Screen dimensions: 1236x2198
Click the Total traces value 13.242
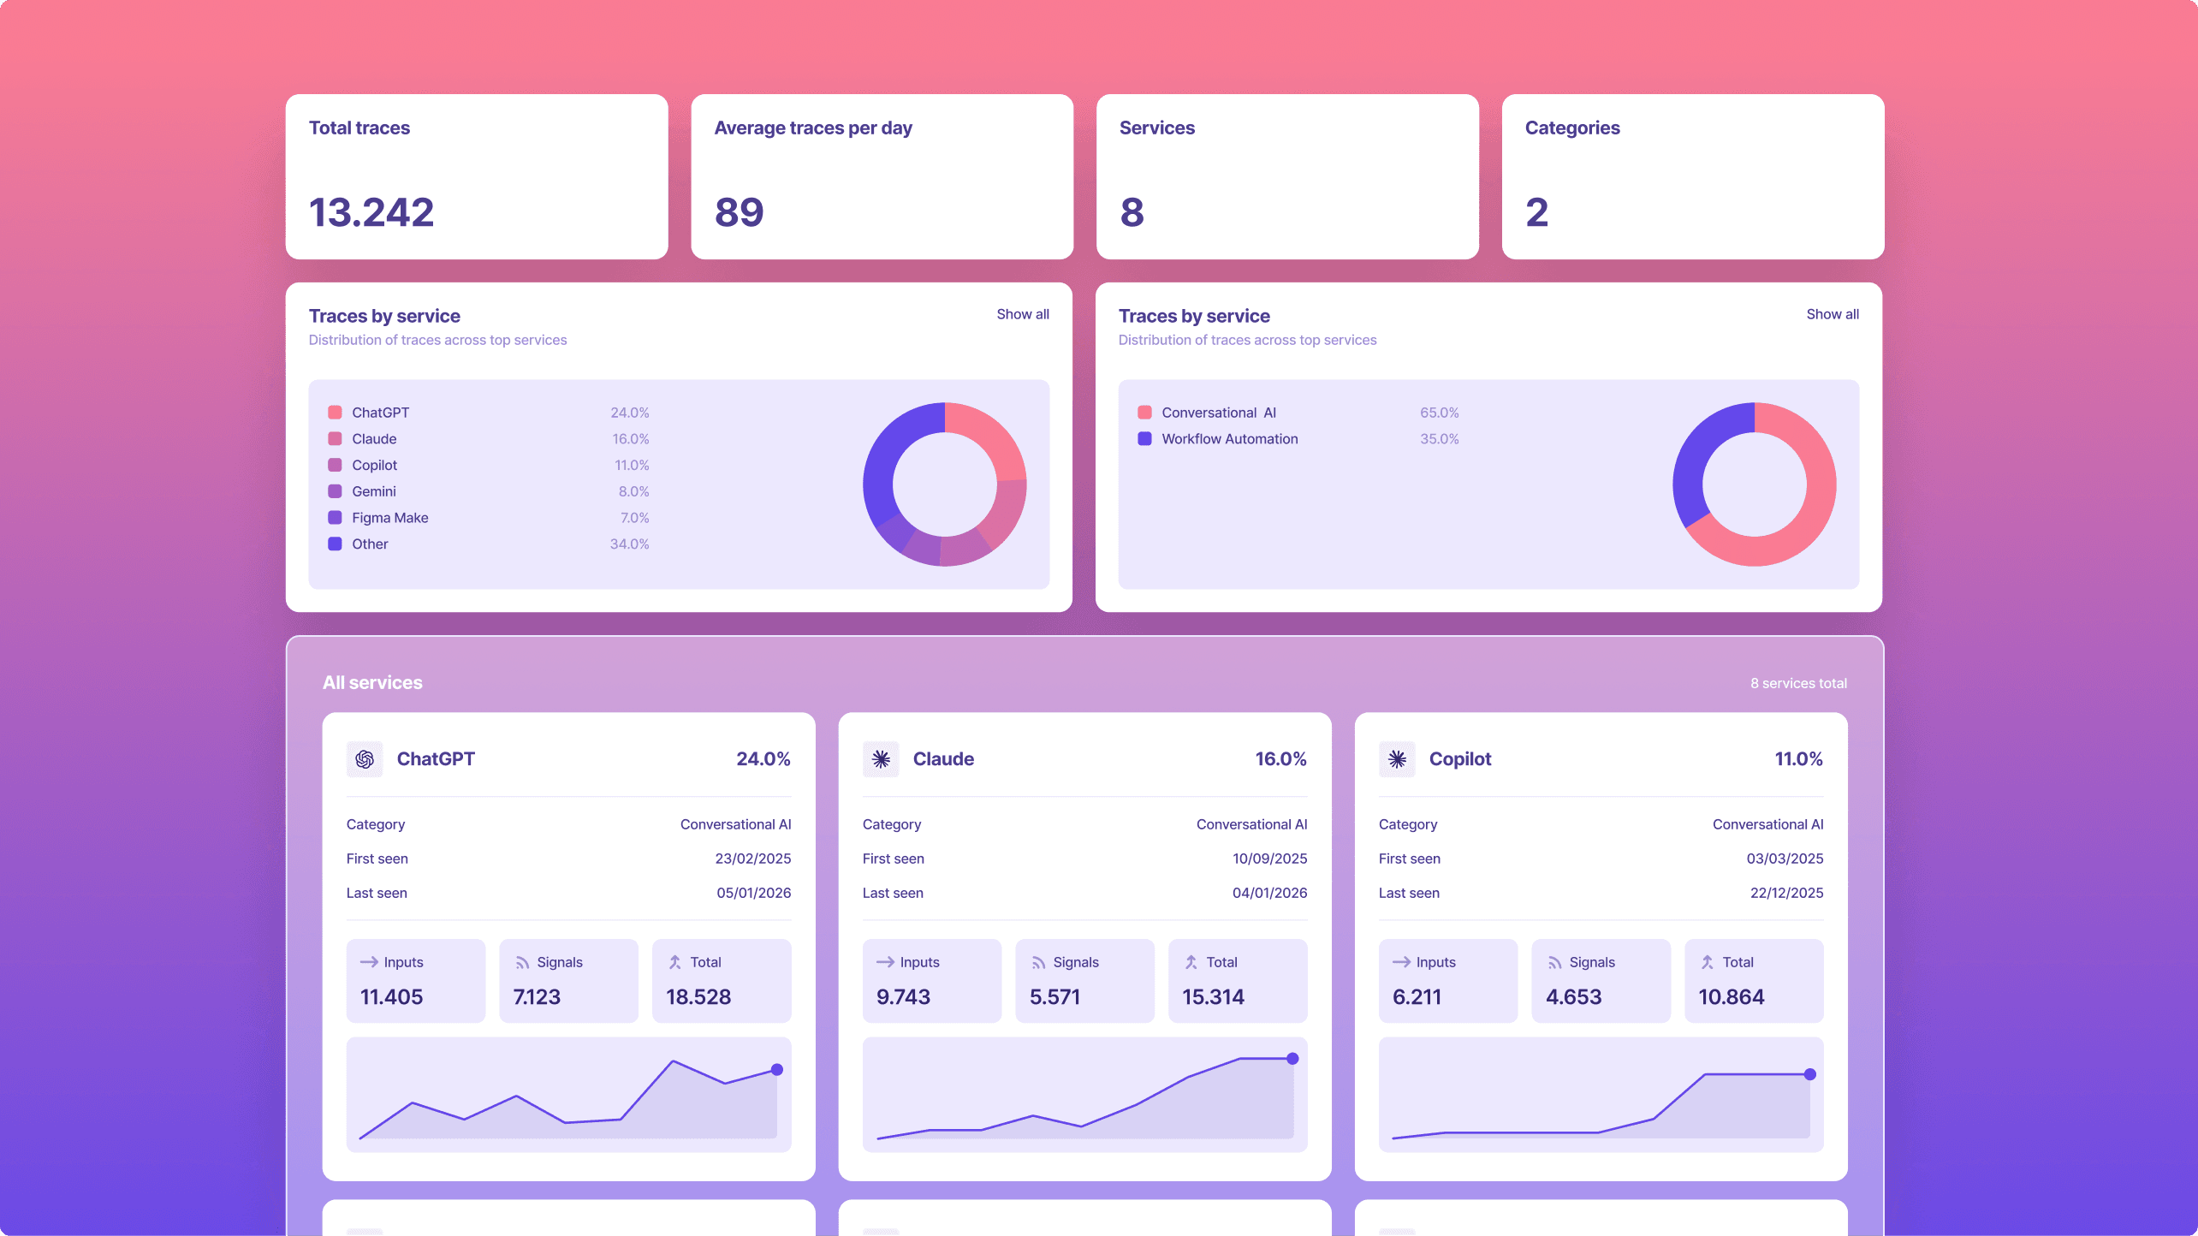click(x=371, y=212)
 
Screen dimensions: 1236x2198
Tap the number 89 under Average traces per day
click(x=739, y=212)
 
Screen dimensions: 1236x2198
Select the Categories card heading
click(x=1571, y=128)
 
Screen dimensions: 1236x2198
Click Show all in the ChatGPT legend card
click(x=1022, y=314)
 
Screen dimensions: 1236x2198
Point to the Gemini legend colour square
click(x=335, y=491)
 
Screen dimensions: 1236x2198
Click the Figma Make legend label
click(x=389, y=518)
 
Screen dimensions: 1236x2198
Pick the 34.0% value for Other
click(x=629, y=544)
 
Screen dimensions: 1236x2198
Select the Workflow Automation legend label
click(x=1229, y=439)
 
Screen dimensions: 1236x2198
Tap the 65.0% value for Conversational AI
click(x=1439, y=413)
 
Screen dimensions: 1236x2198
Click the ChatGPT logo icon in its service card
click(x=365, y=759)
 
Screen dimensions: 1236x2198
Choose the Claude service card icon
click(x=881, y=759)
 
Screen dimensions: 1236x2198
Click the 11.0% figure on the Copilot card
click(x=1798, y=759)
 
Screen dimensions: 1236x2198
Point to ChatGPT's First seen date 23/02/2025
click(x=752, y=859)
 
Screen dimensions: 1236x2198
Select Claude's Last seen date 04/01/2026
click(x=1269, y=893)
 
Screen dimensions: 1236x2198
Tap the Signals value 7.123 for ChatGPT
click(x=537, y=997)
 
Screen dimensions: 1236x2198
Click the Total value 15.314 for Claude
click(x=1213, y=997)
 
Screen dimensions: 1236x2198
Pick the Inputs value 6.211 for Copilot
click(x=1417, y=997)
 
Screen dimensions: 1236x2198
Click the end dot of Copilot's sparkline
click(x=1809, y=1074)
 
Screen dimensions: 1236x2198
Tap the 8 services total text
click(x=1798, y=683)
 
